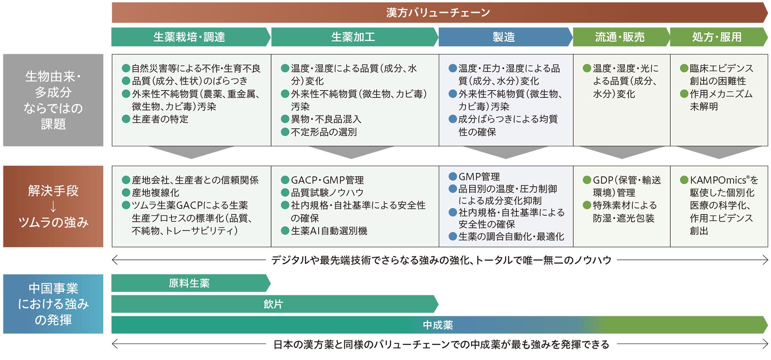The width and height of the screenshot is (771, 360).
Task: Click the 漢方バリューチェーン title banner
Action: coord(439,12)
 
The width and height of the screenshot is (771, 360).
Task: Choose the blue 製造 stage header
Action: coord(505,37)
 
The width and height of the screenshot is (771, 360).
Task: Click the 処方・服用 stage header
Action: coord(718,37)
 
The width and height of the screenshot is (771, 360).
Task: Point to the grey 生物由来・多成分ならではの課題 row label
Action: coord(53,100)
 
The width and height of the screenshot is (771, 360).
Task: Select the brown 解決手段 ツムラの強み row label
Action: coord(53,206)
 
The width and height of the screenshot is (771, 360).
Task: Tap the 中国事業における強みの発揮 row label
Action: coord(53,304)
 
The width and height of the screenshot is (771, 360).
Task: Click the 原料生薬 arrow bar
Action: coord(191,283)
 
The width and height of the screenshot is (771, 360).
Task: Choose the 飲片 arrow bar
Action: coord(275,304)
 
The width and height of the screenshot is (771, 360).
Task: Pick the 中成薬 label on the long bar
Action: coord(438,325)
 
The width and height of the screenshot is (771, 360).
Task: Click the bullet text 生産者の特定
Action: coord(160,119)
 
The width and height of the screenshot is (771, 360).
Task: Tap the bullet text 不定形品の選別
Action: coord(324,132)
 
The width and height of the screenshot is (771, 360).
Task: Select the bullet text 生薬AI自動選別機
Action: coord(329,231)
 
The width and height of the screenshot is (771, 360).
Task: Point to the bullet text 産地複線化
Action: coord(155,193)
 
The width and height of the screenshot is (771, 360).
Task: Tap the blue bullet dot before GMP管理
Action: coord(453,176)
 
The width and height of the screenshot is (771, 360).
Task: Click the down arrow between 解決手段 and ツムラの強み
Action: coord(53,207)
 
